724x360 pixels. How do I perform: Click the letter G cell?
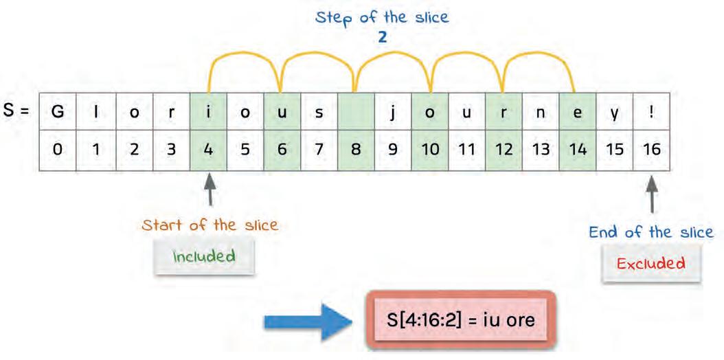(58, 113)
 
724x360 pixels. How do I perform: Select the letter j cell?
(392, 113)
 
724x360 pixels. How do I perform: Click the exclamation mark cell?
(652, 113)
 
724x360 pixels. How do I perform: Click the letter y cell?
(615, 113)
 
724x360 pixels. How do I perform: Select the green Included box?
(204, 257)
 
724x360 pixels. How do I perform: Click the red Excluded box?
(651, 263)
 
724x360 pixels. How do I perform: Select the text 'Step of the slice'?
(382, 18)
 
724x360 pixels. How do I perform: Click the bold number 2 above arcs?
(382, 37)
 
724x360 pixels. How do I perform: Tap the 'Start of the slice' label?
(210, 225)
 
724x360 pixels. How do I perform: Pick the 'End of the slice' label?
(651, 232)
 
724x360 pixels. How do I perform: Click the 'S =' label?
(19, 111)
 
